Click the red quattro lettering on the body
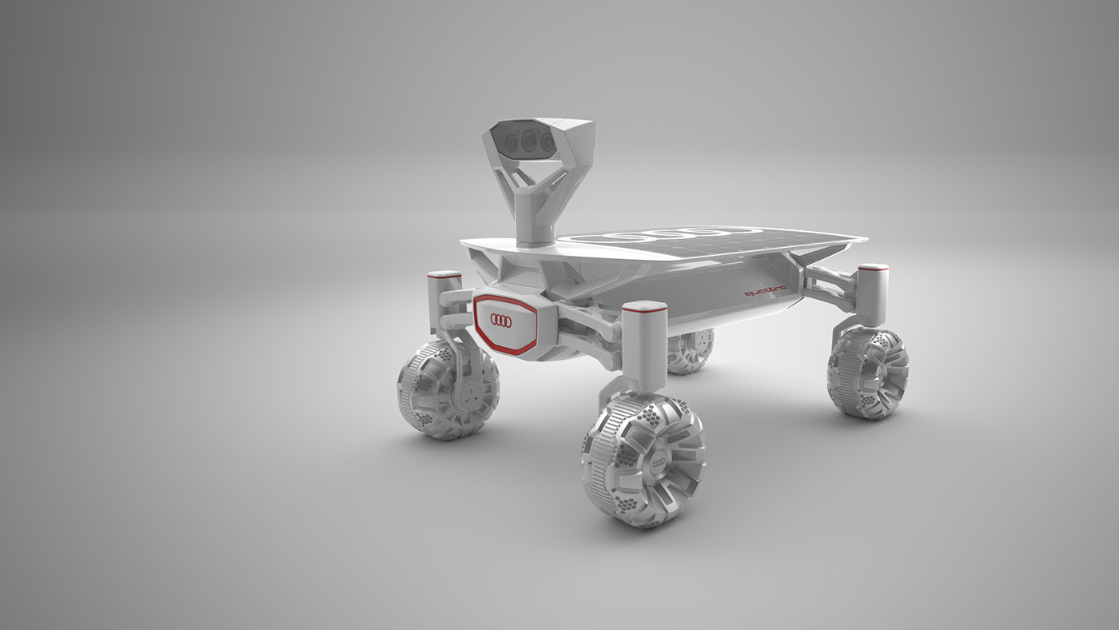[x=765, y=292]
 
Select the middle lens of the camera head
[x=528, y=142]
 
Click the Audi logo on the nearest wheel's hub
[x=661, y=463]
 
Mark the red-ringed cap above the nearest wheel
[x=644, y=306]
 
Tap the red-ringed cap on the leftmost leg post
[x=444, y=275]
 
